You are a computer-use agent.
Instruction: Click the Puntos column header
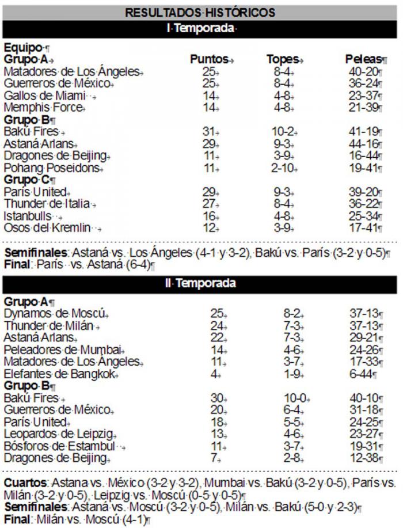pos(211,59)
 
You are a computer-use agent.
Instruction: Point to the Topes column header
pos(284,59)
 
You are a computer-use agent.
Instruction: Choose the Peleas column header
pos(364,59)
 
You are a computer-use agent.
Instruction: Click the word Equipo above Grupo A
pos(23,48)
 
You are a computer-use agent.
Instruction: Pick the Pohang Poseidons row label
pos(53,168)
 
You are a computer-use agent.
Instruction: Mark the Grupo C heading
pos(26,180)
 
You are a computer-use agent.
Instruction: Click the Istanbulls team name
pos(29,216)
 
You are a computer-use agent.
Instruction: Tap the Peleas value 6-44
pos(364,374)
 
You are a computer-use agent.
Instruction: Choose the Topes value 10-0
pos(299,398)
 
